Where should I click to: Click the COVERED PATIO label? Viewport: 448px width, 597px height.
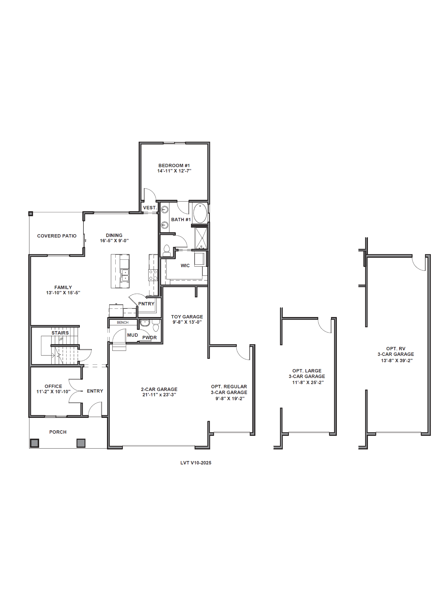point(57,236)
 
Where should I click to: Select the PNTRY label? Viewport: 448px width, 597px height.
point(146,304)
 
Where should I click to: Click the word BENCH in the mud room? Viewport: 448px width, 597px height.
point(123,322)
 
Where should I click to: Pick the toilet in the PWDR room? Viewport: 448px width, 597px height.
point(156,325)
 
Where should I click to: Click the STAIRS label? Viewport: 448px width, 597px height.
point(60,333)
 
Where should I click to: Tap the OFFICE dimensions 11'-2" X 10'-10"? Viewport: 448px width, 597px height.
point(53,392)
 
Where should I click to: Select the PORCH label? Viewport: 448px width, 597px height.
point(58,432)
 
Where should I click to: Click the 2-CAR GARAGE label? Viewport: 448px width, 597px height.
point(159,389)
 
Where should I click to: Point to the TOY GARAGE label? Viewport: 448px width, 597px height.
point(187,317)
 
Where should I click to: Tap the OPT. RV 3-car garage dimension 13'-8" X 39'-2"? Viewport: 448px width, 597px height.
point(397,361)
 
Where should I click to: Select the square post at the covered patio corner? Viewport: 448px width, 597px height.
point(31,214)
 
